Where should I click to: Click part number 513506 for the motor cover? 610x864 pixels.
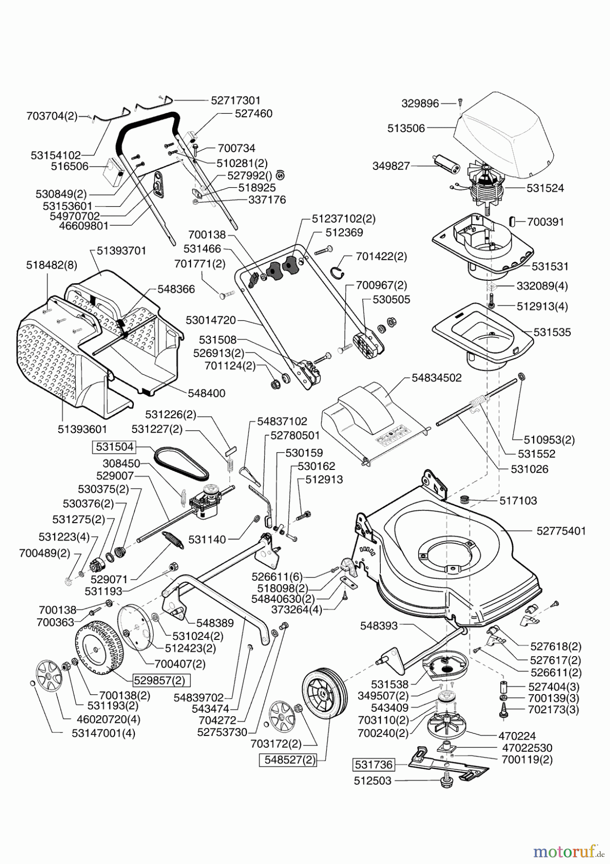pos(406,128)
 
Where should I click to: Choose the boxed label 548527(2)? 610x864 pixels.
pos(288,760)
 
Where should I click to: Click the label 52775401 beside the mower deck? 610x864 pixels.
pos(561,531)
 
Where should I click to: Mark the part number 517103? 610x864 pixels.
pos(518,500)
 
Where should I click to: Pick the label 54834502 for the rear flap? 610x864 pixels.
pos(436,378)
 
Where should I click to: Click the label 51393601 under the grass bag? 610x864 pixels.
pos(82,429)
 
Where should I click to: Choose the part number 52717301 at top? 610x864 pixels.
pos(235,100)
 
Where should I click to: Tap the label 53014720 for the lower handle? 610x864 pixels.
pos(211,320)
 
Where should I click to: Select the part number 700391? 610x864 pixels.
pos(545,222)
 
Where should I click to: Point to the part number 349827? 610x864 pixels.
pos(391,166)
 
